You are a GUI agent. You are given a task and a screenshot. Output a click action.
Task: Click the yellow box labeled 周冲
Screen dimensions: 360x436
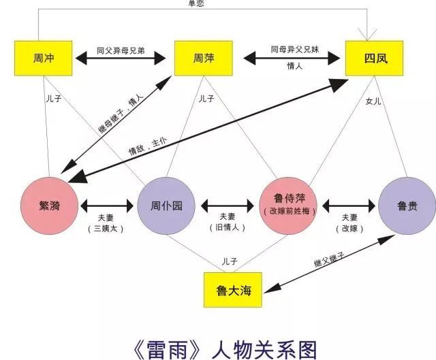pos(44,59)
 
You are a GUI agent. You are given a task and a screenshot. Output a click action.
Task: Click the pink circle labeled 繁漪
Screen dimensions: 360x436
pos(50,205)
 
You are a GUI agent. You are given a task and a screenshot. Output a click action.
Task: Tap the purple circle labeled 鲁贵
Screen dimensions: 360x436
pos(407,205)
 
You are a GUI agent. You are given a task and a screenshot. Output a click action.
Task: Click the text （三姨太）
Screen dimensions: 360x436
pos(106,228)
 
